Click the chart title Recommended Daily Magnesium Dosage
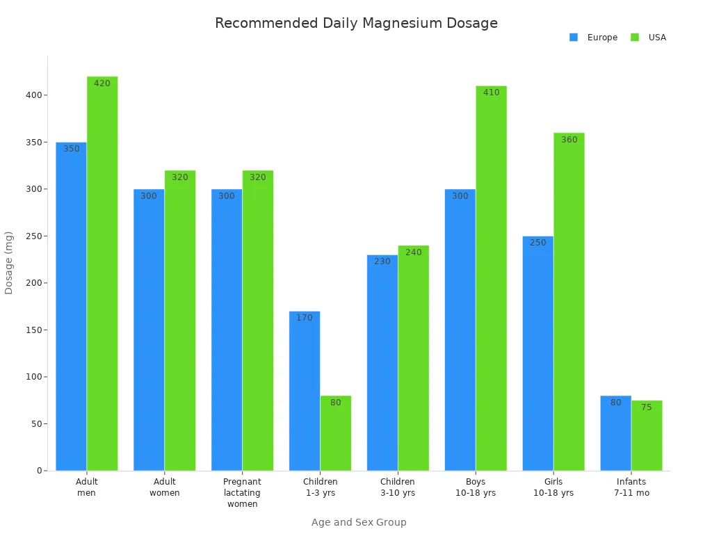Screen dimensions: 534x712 (356, 23)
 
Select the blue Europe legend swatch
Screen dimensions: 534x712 (574, 38)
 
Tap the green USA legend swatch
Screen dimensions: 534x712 (635, 38)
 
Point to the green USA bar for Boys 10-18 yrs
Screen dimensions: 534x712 (491, 278)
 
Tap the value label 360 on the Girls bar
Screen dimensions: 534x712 (569, 140)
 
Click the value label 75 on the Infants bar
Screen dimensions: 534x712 (647, 407)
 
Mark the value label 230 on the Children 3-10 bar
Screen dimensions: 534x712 (382, 261)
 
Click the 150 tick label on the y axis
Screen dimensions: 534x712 (33, 330)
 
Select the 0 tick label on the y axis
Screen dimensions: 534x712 (40, 471)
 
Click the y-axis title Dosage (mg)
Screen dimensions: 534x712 (9, 263)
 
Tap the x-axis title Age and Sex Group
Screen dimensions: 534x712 (359, 522)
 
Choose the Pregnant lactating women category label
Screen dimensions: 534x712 (242, 492)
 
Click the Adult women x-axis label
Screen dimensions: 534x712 (165, 487)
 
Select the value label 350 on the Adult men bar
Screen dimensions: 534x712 (72, 149)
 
